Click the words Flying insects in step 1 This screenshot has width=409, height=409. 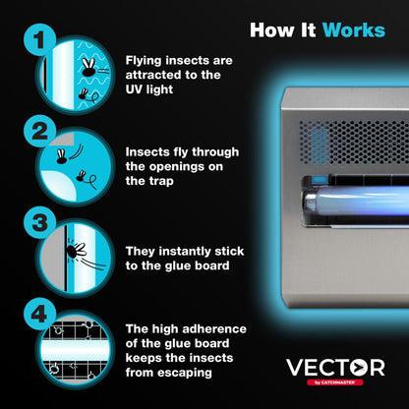tap(173, 59)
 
